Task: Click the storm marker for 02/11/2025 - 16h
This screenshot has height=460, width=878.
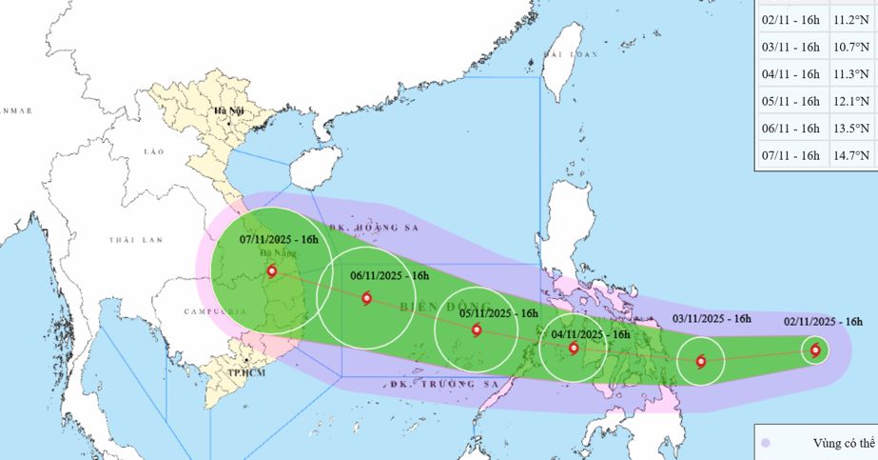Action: pos(815,350)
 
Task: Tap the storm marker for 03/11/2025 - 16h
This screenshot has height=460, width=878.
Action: pos(701,361)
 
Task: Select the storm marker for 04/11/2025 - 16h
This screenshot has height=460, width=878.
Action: pos(574,348)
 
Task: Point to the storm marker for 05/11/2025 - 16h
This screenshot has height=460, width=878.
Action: pos(477,330)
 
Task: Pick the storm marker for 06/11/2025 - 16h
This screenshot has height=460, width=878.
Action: pos(366,298)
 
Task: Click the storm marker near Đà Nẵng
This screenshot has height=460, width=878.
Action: pos(272,271)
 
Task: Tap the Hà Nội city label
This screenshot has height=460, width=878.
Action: pos(229,111)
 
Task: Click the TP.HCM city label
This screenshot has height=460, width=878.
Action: pos(246,372)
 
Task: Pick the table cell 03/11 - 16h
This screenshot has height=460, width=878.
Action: pos(790,46)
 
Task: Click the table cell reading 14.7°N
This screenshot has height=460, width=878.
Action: pos(852,155)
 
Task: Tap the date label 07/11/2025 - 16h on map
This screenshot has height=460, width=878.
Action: pos(271,239)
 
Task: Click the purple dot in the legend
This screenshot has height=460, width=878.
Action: pos(767,443)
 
